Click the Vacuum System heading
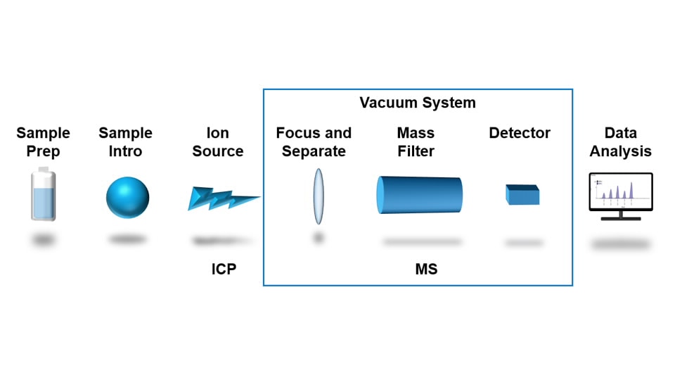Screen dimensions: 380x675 click(418, 103)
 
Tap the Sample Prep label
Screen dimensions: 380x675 click(44, 142)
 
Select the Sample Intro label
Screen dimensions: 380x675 click(125, 142)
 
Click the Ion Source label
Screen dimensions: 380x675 click(218, 142)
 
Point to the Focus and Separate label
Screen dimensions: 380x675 click(314, 142)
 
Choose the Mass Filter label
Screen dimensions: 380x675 click(416, 142)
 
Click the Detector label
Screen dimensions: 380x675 click(520, 133)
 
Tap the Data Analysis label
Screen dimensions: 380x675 click(620, 142)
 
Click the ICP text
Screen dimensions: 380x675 click(224, 270)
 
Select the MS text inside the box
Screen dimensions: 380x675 click(426, 270)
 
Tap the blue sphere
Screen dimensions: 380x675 click(127, 197)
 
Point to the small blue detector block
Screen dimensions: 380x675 click(522, 195)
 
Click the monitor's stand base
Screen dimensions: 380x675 click(620, 219)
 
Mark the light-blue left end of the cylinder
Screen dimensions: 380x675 click(381, 195)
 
